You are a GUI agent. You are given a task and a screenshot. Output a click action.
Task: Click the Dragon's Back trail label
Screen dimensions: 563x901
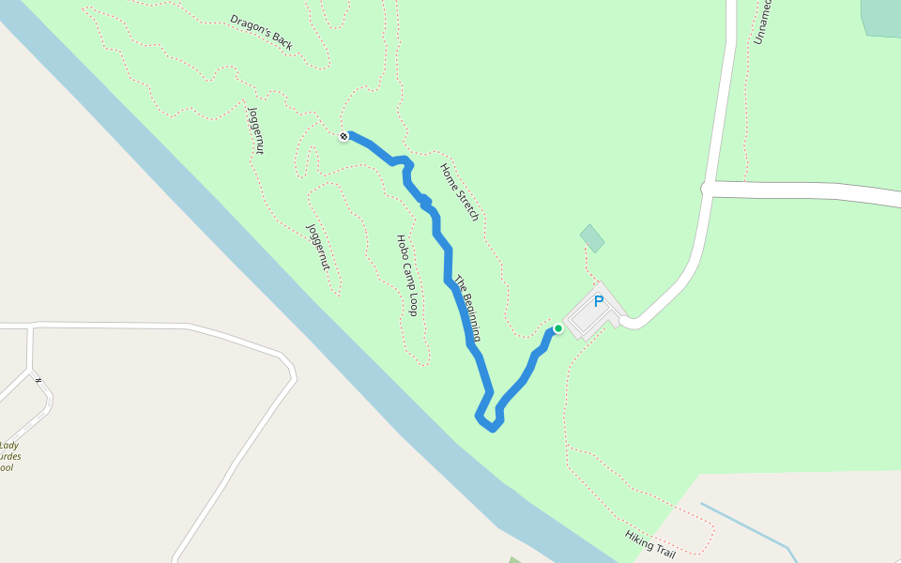point(262,32)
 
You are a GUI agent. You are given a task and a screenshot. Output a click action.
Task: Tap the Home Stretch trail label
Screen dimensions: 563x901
point(460,192)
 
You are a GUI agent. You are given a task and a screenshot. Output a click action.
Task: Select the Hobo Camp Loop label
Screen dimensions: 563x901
point(406,275)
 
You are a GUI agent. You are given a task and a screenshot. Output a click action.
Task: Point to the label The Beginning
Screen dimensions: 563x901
point(470,308)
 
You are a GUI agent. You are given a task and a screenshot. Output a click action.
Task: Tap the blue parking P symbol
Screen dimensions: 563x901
point(598,302)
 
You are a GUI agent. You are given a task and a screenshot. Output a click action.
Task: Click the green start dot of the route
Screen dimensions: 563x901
point(557,328)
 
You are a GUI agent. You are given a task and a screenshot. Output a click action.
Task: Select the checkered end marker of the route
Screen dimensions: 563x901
point(344,136)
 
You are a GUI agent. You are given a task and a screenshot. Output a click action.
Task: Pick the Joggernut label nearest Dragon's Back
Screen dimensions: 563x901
point(255,130)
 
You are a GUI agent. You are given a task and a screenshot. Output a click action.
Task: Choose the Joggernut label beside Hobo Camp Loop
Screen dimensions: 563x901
point(318,247)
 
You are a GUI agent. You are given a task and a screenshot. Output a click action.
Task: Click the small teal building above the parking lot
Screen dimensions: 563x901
point(591,238)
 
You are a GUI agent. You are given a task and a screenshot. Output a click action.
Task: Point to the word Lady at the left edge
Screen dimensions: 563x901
point(9,446)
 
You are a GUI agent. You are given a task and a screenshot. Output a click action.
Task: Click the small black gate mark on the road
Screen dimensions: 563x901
point(38,381)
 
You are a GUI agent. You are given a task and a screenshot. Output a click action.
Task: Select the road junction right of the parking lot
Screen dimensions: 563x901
point(706,189)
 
